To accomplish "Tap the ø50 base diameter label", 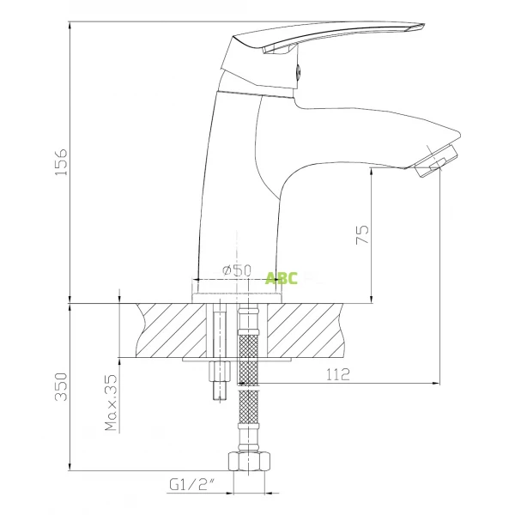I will point(236,270).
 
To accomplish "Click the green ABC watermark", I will point(282,277).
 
